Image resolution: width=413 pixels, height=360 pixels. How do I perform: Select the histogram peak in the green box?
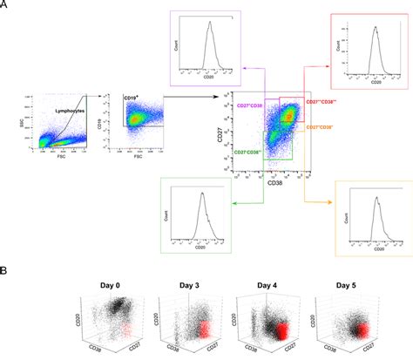[201, 196]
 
